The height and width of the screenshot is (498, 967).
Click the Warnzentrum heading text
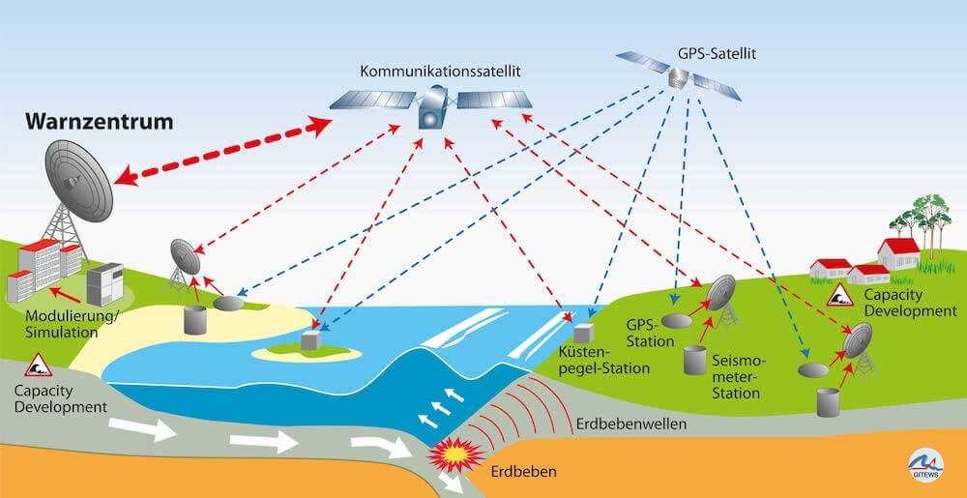pos(100,123)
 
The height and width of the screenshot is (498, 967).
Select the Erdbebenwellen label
pos(630,425)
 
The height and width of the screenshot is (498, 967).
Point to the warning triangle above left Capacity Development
pos(39,366)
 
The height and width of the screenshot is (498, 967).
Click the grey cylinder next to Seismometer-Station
pos(693,359)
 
